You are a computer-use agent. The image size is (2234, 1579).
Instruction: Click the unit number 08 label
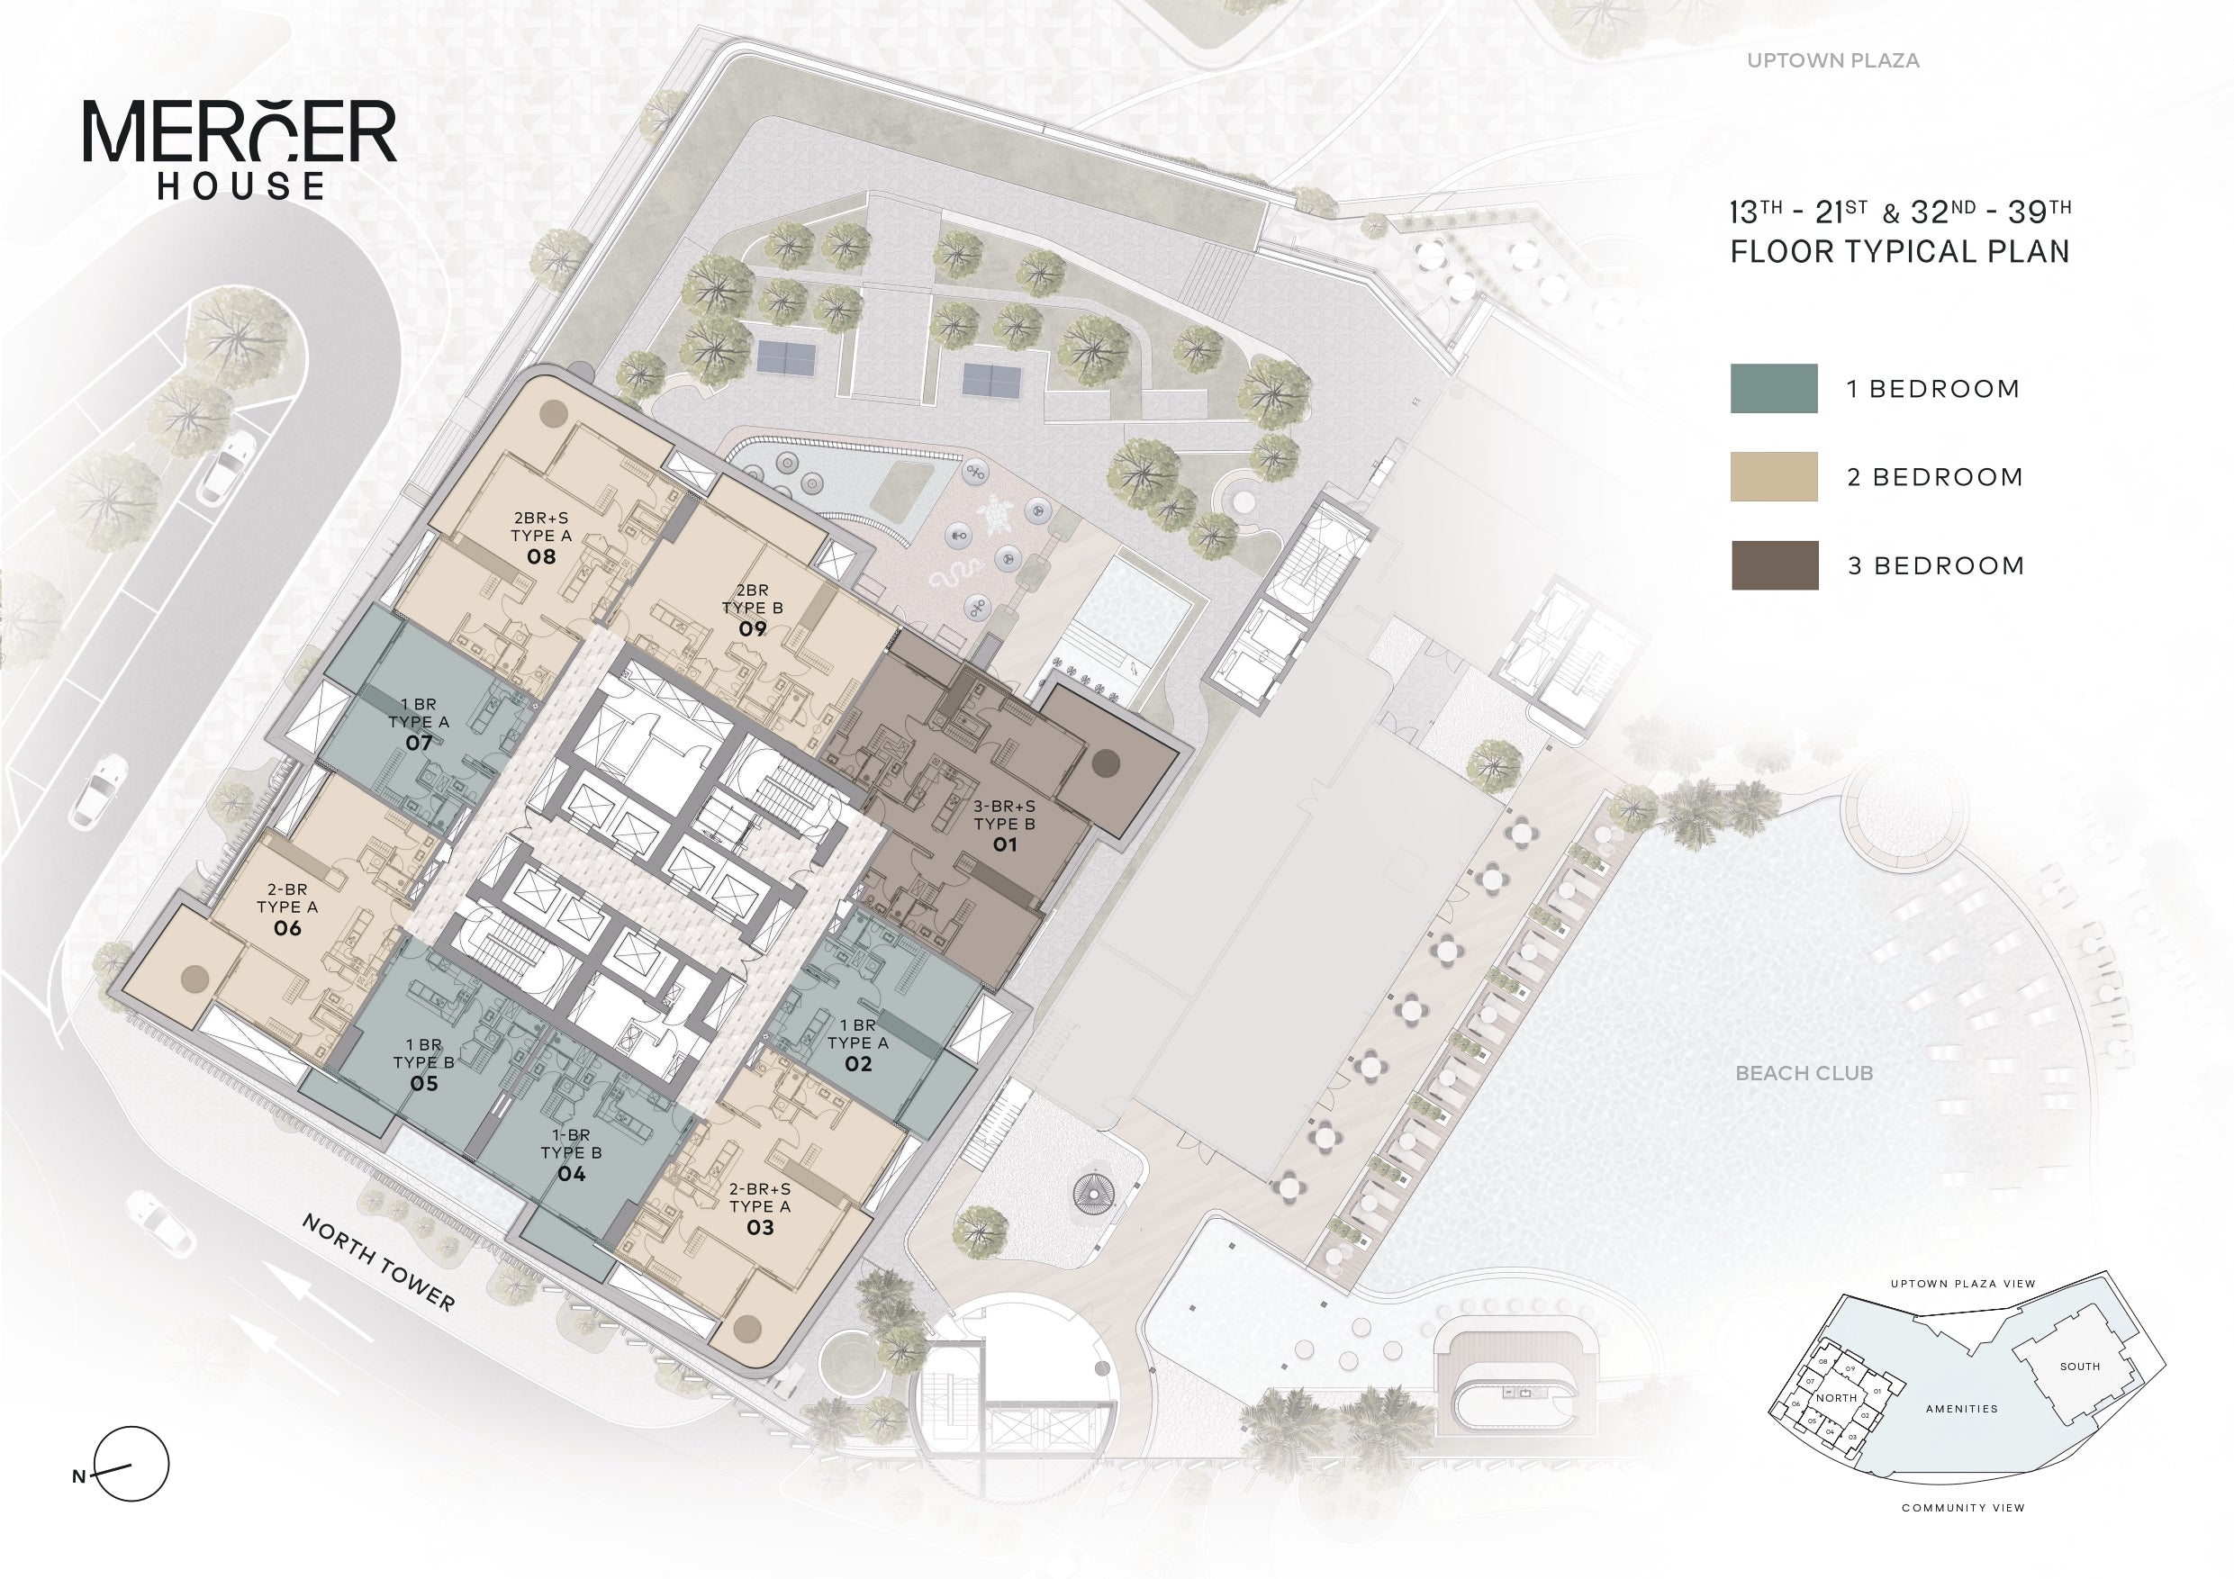(541, 556)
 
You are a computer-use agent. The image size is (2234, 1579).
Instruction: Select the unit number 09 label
(752, 628)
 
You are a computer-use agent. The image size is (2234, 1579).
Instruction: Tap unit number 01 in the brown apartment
(1004, 844)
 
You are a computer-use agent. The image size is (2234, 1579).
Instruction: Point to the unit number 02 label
(857, 1063)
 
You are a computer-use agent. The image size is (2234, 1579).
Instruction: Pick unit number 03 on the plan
(760, 1228)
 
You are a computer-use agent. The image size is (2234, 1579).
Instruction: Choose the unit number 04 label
(571, 1174)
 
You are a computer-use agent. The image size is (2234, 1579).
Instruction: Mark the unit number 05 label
(423, 1083)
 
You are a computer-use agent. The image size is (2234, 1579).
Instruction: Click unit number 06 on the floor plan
(287, 928)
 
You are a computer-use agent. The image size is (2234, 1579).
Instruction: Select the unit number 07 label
(419, 744)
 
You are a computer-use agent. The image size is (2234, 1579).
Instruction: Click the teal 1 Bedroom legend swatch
(1774, 388)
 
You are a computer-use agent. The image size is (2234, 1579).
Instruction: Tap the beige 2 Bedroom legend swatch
(1774, 477)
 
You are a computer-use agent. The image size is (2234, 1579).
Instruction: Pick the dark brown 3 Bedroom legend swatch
(1775, 565)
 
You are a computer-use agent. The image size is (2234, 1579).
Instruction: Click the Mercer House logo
(240, 149)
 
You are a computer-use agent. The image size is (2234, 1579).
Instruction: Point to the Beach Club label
(1804, 1073)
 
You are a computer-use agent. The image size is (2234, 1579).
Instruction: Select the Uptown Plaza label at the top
(1833, 60)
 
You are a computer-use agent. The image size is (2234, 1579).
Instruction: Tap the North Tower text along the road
(378, 1262)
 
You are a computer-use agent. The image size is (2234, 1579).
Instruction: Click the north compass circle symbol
(131, 1463)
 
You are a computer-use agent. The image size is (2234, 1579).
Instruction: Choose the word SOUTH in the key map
(2079, 1366)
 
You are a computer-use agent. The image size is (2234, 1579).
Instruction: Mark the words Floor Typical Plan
(1899, 252)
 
